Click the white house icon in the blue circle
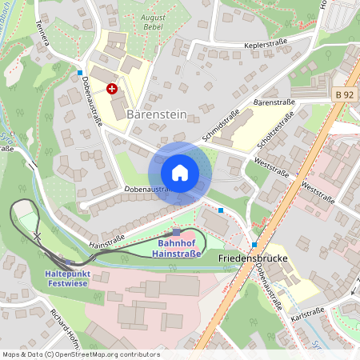click(180, 172)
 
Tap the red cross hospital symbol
click(112, 90)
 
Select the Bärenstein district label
click(157, 114)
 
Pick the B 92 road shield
click(344, 95)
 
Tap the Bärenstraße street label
click(274, 102)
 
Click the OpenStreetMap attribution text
click(80, 354)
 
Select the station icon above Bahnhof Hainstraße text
click(177, 232)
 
